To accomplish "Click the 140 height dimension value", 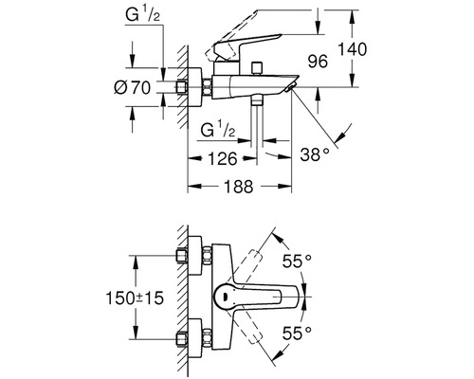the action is click(353, 49).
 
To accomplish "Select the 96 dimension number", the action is click(318, 62).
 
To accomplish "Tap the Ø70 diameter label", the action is click(132, 87).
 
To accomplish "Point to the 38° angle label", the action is click(315, 154).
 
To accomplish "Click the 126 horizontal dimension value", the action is click(223, 158).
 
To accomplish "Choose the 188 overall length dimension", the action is click(239, 187).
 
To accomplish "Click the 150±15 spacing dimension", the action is click(135, 298).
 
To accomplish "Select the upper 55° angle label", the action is click(297, 261).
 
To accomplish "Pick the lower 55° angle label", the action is click(297, 333).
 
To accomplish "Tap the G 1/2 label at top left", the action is click(142, 14).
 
